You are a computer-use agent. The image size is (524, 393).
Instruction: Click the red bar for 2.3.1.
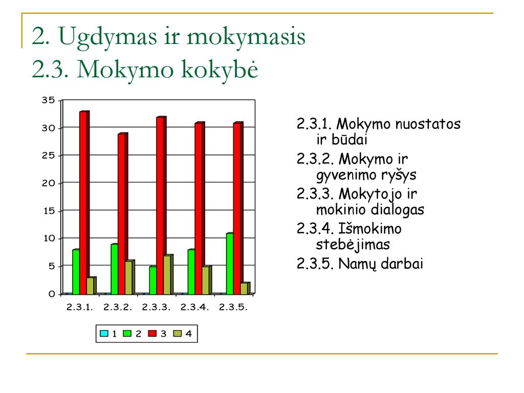tap(84, 203)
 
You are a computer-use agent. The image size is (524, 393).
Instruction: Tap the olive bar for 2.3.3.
tap(168, 274)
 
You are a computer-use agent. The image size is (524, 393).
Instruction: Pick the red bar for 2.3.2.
tap(123, 213)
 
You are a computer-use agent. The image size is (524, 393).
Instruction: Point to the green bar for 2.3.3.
tap(152, 280)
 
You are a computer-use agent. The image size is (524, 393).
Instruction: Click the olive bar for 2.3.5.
tap(245, 289)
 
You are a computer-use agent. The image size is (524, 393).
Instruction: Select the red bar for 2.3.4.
tap(200, 208)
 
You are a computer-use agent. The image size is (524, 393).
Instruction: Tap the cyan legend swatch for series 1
tap(104, 333)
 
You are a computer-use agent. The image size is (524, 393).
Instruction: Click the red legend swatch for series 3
tap(152, 333)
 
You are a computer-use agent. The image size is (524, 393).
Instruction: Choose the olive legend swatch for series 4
tap(178, 333)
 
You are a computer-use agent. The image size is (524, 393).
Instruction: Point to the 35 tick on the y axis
tap(48, 100)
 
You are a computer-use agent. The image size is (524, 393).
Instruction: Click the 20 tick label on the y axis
tap(48, 183)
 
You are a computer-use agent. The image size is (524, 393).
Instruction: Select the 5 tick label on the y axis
tap(52, 266)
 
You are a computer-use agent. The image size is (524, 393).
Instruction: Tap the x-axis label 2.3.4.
tap(194, 307)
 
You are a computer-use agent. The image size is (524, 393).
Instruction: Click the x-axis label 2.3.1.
tap(79, 307)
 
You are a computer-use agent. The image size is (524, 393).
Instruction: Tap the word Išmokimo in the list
tap(370, 229)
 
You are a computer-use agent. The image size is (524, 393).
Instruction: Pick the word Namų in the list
tap(358, 264)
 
